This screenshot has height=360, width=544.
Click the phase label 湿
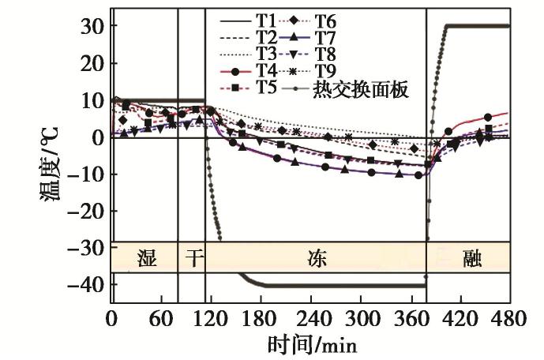coord(145,258)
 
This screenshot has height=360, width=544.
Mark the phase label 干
coord(192,258)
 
